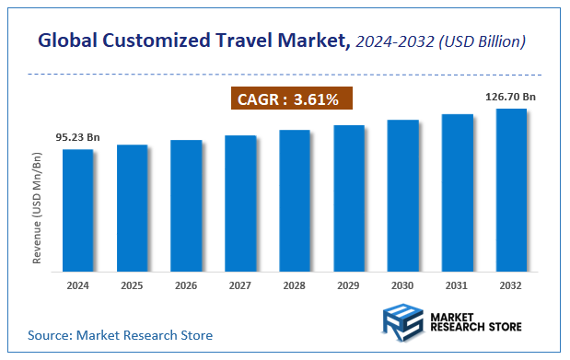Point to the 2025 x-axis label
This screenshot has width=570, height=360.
tap(132, 286)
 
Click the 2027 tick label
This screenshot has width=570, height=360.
tap(240, 286)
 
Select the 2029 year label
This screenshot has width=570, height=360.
tap(349, 286)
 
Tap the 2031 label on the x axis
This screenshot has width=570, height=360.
tap(457, 286)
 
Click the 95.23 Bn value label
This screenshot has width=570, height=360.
tap(77, 137)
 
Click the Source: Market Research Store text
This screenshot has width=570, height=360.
tap(120, 335)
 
